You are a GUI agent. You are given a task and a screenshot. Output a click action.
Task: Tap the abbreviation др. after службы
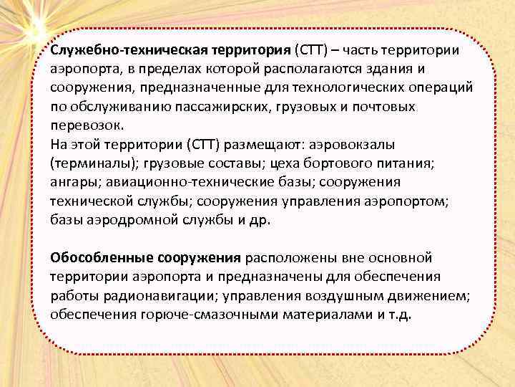[x=259, y=219]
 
